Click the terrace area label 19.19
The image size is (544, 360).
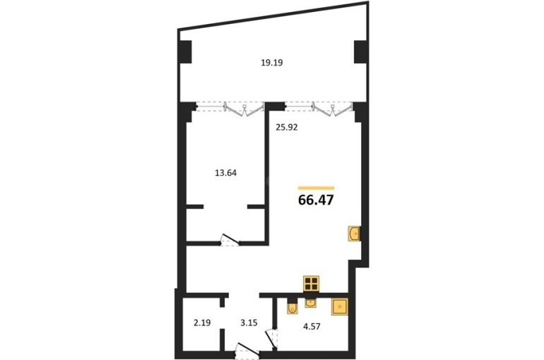tap(272, 63)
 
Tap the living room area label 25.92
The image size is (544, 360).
tap(287, 128)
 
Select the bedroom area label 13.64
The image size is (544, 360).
tap(226, 173)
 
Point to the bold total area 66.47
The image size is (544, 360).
tap(316, 200)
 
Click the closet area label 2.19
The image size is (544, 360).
tap(202, 323)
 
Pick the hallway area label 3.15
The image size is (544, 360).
tap(249, 323)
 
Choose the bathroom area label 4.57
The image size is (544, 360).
tap(312, 326)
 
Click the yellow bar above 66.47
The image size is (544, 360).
tap(316, 188)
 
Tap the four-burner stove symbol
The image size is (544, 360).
tap(311, 284)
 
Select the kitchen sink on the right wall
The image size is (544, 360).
tap(354, 234)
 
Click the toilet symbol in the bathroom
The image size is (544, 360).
tap(292, 308)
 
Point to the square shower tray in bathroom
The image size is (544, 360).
tap(339, 306)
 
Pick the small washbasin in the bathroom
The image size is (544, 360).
tap(311, 303)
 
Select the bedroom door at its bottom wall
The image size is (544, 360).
tap(230, 240)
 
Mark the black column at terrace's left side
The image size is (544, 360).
tap(185, 52)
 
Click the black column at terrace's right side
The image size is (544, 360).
tap(361, 52)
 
